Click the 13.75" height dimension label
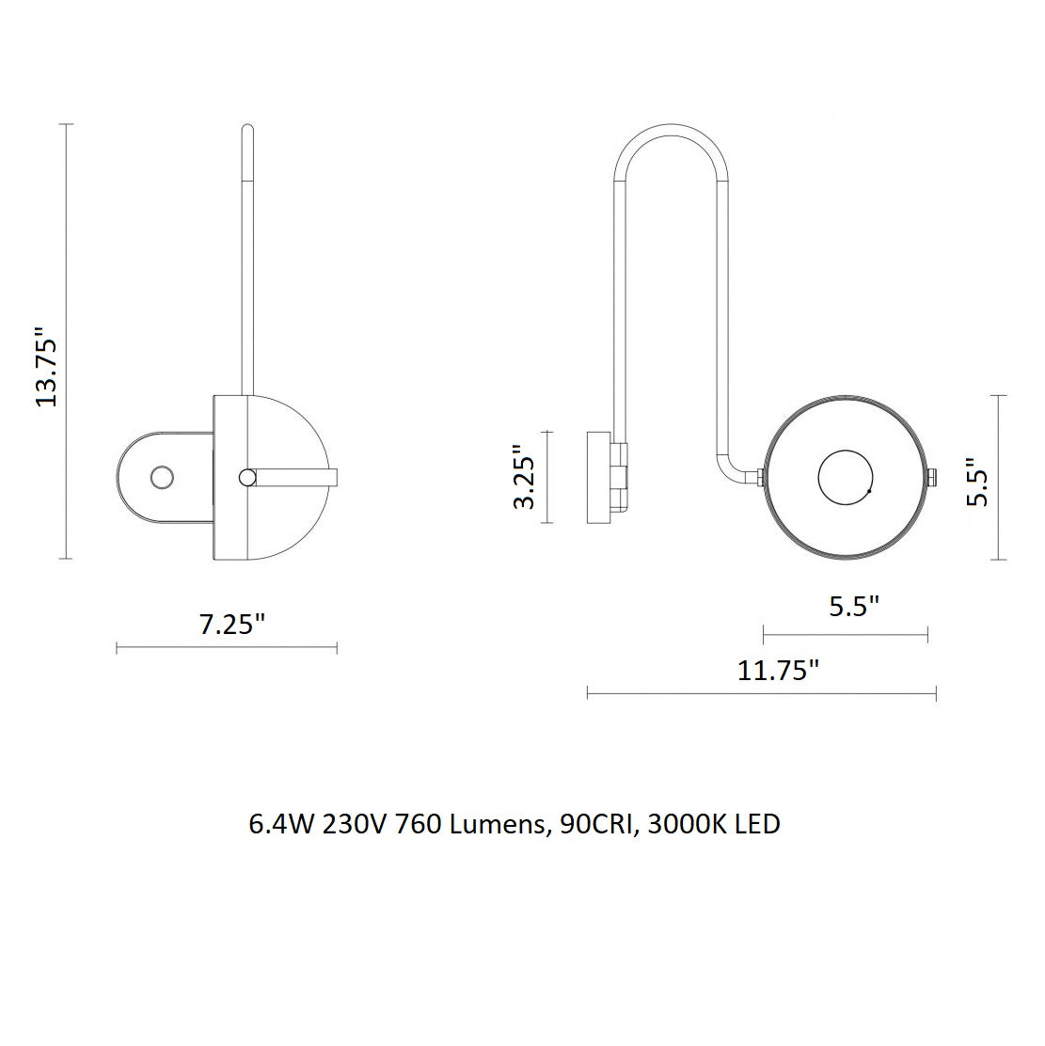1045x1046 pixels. pos(47,366)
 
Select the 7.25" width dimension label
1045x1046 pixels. pos(232,625)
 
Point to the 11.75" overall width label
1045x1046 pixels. pos(778,669)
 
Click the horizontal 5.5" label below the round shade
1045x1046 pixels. pos(854,607)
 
